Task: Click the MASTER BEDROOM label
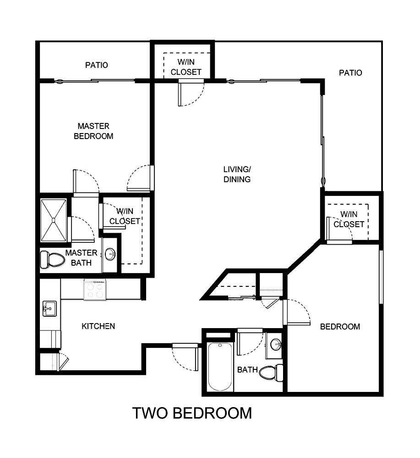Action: coord(93,131)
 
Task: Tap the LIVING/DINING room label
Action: coord(237,174)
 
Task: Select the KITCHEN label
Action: coord(98,326)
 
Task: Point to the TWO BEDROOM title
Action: coord(192,413)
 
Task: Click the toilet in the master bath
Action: coord(51,260)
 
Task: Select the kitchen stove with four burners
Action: coord(95,290)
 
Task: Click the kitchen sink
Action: coord(49,308)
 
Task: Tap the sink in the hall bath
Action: coord(275,344)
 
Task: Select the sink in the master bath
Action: coord(110,254)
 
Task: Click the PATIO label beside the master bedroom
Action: coord(97,65)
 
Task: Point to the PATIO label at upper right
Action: coord(350,73)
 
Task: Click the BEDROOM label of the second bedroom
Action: coord(340,327)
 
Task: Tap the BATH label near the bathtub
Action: coord(247,370)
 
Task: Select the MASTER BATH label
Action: coord(81,258)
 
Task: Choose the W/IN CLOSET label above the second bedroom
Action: coord(349,219)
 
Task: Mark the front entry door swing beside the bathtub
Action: coord(184,356)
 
